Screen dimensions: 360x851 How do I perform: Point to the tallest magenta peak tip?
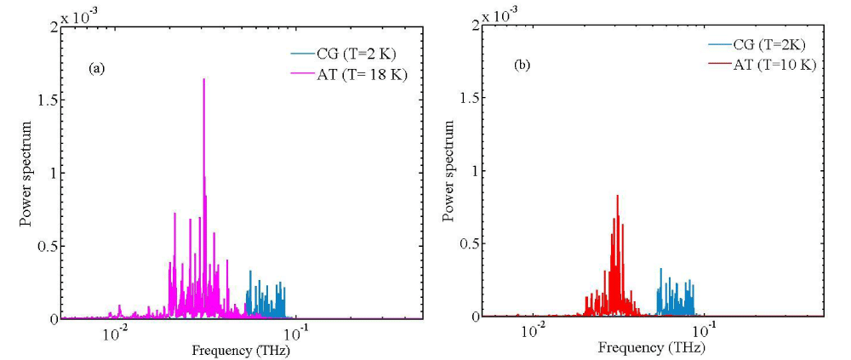(204, 79)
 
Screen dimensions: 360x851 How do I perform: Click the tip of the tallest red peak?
(617, 196)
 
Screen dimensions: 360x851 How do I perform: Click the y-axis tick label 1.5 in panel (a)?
(48, 100)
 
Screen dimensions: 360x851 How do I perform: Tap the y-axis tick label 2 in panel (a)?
(54, 27)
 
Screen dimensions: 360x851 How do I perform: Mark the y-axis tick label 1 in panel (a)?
(54, 174)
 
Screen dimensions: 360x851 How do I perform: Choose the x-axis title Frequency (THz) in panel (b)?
(652, 347)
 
